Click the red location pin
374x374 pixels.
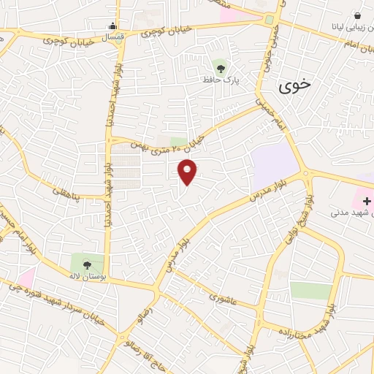[x=188, y=171]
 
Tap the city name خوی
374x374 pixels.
[x=294, y=85]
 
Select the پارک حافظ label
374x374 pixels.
[x=220, y=78]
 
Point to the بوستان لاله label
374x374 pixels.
[x=87, y=278]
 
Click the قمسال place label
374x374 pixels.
[x=113, y=35]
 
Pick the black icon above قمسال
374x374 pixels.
[x=112, y=24]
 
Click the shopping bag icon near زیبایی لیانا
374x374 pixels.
[x=357, y=15]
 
